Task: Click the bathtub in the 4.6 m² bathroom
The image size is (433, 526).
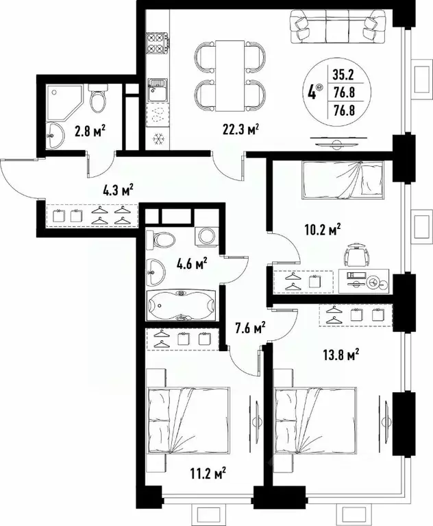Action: pyautogui.click(x=181, y=306)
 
